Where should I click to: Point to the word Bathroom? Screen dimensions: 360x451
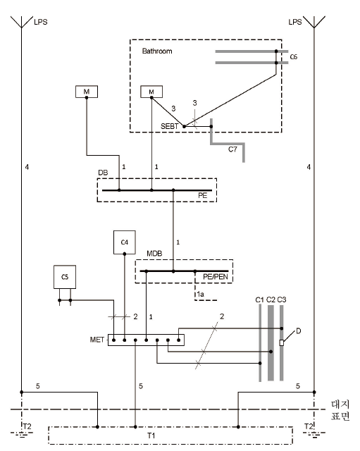point(157,51)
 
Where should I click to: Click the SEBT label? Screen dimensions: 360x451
point(169,126)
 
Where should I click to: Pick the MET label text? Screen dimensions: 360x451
point(97,340)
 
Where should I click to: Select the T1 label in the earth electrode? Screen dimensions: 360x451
point(151,435)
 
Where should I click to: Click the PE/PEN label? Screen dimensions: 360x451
point(216,277)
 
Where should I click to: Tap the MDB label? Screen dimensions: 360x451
point(154,254)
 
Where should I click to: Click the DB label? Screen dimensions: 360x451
point(103,173)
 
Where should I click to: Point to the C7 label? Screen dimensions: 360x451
point(232,149)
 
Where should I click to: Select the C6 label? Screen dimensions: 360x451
point(294,57)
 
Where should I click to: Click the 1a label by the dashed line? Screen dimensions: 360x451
point(200,295)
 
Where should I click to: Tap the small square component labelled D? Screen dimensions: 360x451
point(282,343)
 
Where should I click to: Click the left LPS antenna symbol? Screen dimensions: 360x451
point(22,22)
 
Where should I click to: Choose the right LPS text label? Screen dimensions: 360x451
point(295,22)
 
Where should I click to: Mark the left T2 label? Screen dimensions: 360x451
point(27,426)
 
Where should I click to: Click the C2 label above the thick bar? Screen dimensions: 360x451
point(271,299)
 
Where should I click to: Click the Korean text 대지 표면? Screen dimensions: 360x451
point(340,410)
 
